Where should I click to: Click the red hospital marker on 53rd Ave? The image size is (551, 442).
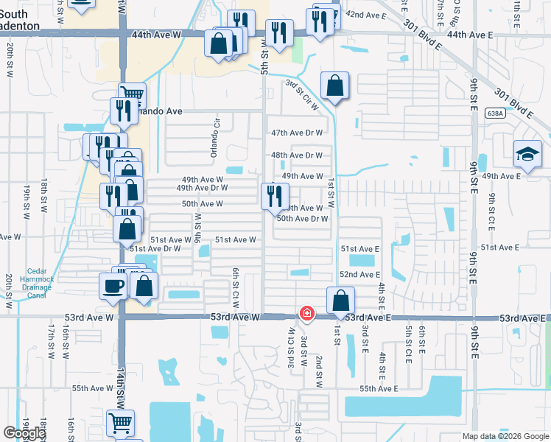point(306,315)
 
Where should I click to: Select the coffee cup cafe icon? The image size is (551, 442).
point(113,286)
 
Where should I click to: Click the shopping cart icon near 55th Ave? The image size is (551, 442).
point(121,424)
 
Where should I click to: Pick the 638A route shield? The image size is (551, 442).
point(495,113)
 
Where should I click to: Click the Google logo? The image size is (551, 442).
point(24,433)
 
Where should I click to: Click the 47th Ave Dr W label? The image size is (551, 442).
point(297,133)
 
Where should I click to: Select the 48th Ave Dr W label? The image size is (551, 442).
point(297,155)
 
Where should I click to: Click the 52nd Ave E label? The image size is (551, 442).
point(359,274)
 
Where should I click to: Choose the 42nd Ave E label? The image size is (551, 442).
point(366,15)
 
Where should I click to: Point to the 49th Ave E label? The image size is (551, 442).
point(501,176)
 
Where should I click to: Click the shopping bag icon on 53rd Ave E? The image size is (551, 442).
point(340,300)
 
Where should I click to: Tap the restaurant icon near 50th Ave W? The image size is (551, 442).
point(273,195)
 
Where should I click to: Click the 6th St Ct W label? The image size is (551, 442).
point(236,288)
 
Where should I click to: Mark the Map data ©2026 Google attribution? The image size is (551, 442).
point(505,436)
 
